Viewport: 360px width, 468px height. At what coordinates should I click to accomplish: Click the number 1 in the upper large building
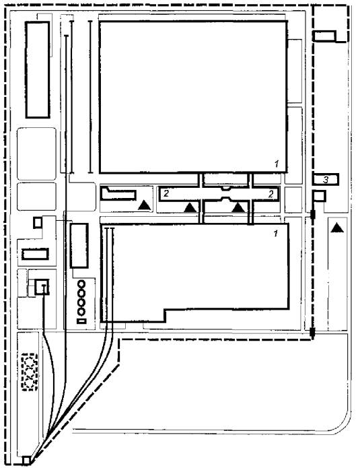click(277, 164)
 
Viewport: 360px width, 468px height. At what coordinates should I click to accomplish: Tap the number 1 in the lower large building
click(276, 234)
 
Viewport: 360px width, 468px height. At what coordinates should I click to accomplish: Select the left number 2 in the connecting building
click(166, 193)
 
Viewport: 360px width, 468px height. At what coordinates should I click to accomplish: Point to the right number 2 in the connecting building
click(271, 194)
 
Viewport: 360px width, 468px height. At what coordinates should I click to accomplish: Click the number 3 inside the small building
click(326, 180)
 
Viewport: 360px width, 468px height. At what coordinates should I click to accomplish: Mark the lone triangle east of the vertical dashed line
click(337, 228)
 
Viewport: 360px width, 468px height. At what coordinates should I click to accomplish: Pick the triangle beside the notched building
click(145, 205)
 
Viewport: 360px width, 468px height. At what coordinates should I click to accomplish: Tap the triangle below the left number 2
click(190, 207)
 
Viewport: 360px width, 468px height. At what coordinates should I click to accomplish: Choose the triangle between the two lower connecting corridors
click(238, 207)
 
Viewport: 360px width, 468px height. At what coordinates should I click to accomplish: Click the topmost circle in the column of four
click(81, 284)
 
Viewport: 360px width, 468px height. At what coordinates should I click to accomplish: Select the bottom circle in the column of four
click(81, 312)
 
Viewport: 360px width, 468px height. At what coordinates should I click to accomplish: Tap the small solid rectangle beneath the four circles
click(81, 321)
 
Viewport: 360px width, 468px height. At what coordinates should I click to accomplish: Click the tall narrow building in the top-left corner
click(38, 69)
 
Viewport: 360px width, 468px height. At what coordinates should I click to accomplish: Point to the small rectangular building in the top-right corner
click(324, 36)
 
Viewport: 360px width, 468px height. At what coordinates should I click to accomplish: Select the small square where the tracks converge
click(26, 461)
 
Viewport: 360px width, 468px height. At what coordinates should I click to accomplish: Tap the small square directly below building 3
click(319, 197)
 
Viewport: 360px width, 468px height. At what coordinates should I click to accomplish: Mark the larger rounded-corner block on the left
click(36, 154)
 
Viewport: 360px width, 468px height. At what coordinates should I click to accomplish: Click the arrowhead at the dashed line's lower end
click(312, 334)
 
